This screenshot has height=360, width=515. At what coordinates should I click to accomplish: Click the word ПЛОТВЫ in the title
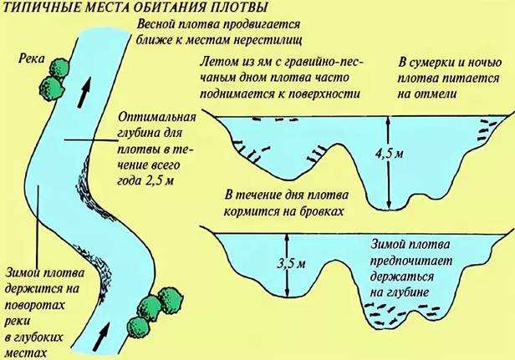pyautogui.click(x=239, y=8)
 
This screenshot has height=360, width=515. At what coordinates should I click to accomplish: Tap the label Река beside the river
pyautogui.click(x=31, y=59)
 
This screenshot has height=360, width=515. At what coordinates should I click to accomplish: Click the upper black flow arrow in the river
pyautogui.click(x=84, y=93)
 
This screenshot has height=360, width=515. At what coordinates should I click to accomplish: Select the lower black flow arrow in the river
pyautogui.click(x=103, y=336)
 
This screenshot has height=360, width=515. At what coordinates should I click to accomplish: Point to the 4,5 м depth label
pyautogui.click(x=390, y=153)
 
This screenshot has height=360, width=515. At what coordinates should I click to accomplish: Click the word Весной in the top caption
pyautogui.click(x=156, y=24)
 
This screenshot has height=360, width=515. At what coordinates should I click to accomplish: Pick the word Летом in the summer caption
pyautogui.click(x=217, y=61)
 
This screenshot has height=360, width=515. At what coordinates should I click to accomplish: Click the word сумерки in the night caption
pyautogui.click(x=432, y=63)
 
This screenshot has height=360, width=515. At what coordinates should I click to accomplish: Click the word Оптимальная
pyautogui.click(x=156, y=118)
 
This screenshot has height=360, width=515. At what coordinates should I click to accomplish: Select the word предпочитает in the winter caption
pyautogui.click(x=410, y=261)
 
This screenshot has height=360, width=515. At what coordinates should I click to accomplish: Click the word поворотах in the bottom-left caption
pyautogui.click(x=34, y=306)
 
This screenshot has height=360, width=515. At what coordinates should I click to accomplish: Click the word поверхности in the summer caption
pyautogui.click(x=324, y=94)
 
